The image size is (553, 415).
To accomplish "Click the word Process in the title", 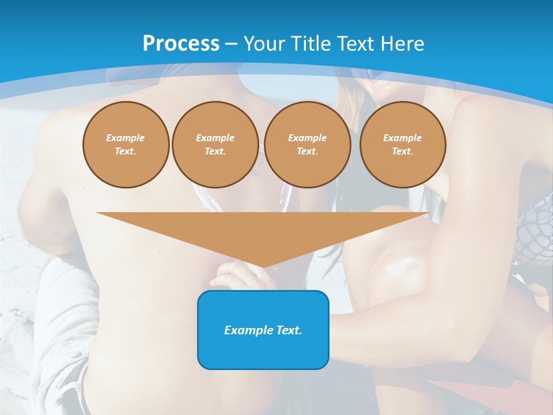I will [181, 44].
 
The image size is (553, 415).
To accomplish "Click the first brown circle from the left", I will [126, 145].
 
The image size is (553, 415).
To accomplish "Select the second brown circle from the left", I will [215, 145].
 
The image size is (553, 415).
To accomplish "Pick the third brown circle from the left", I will [307, 145].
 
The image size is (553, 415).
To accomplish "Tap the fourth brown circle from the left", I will [403, 145].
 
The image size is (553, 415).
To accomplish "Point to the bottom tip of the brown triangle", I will [263, 267].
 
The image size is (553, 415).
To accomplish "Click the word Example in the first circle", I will [126, 138].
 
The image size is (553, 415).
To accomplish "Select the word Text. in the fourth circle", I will [403, 152].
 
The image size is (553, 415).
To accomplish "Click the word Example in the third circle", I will [307, 138].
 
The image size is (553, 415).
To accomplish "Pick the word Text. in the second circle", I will [215, 152].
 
